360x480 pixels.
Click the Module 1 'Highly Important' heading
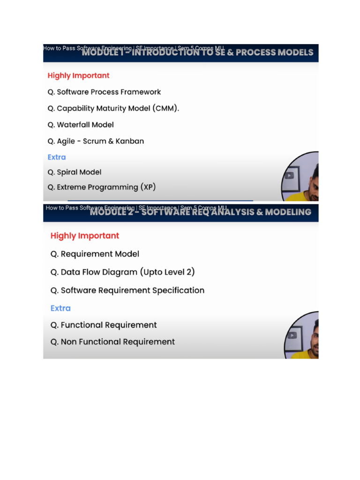[78, 75]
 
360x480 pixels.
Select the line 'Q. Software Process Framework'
[104, 92]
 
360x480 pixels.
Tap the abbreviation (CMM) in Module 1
[165, 108]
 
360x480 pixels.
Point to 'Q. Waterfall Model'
[81, 125]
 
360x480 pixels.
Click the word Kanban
[130, 141]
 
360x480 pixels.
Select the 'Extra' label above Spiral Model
[57, 157]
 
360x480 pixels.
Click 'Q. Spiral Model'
[75, 172]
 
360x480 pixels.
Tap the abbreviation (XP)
[148, 187]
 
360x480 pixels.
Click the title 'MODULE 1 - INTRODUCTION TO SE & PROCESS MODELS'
[197, 52]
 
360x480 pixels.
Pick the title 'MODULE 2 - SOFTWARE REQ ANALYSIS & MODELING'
[200, 212]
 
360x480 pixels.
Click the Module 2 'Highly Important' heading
[85, 236]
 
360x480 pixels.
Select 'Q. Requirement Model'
[95, 254]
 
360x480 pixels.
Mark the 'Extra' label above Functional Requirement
[60, 308]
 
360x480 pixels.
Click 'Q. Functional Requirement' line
[104, 325]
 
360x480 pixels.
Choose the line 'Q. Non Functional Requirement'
[112, 342]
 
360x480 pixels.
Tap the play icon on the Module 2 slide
[292, 335]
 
